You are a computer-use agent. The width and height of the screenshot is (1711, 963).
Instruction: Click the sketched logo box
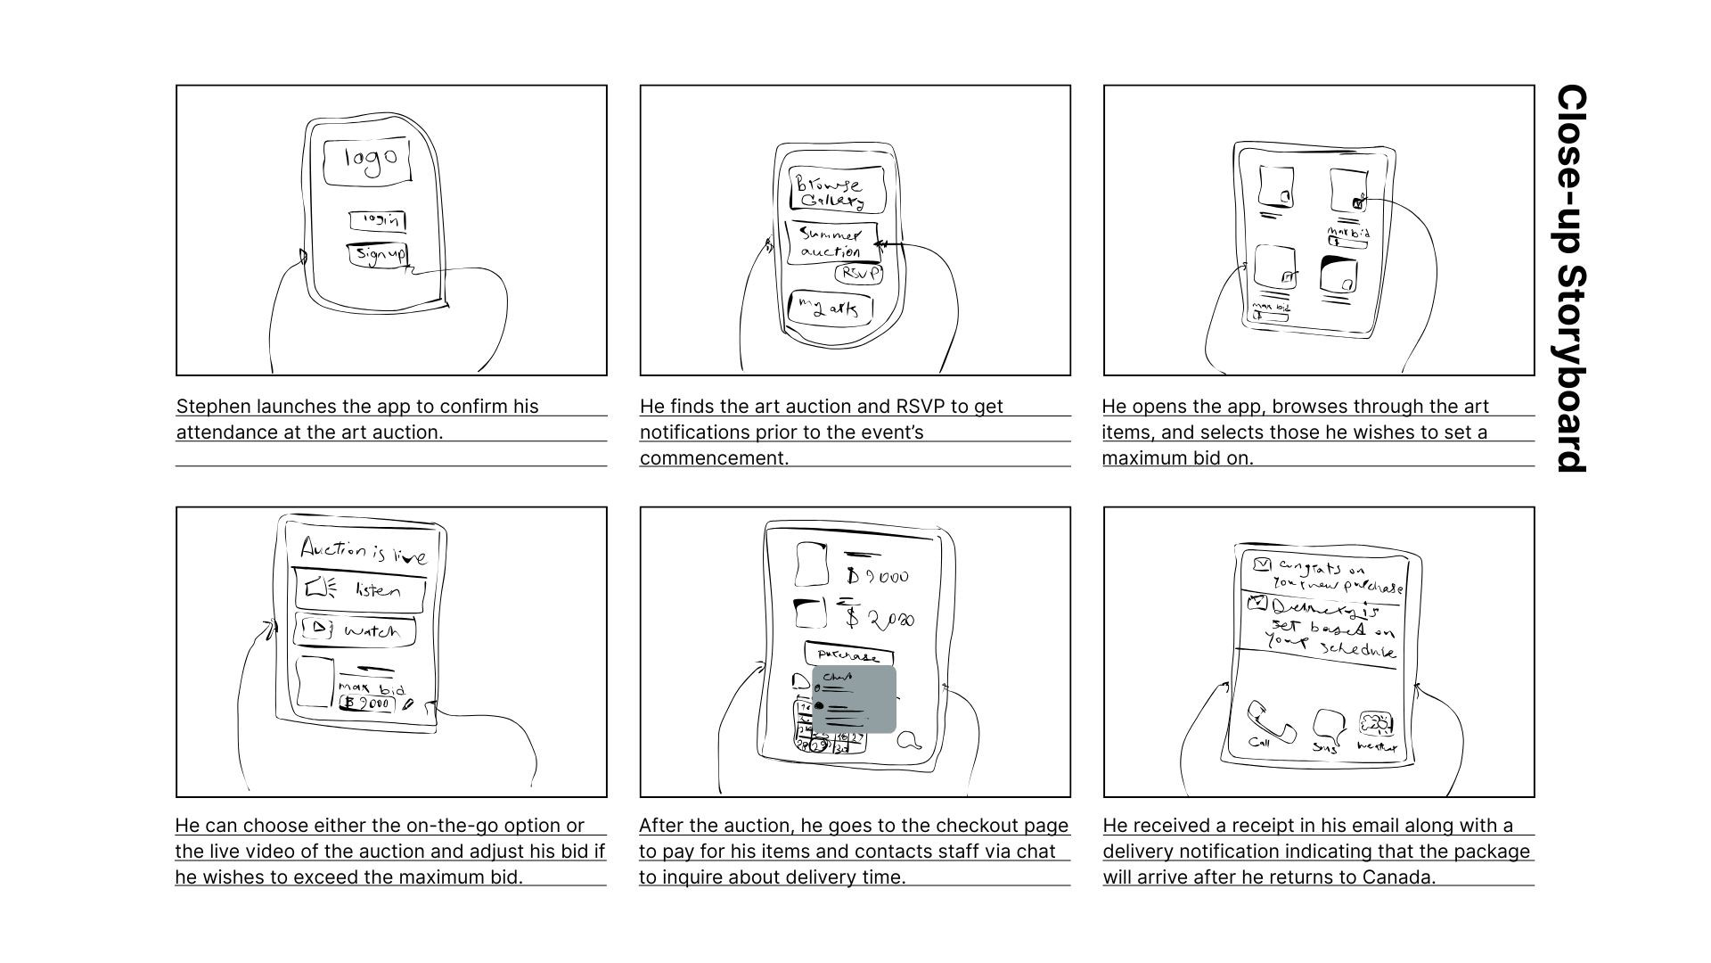367,161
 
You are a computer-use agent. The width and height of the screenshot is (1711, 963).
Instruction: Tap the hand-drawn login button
378,220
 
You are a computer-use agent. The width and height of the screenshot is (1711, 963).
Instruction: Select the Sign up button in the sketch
378,255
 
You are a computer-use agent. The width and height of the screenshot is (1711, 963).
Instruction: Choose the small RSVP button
859,274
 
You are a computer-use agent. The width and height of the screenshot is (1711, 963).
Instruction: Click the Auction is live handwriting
364,551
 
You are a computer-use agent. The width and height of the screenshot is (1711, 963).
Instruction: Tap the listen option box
360,589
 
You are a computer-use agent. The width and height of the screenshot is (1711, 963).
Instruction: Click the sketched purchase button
847,654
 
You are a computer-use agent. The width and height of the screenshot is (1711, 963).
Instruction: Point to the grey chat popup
854,700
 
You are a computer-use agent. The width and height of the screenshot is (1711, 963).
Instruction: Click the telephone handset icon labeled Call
1269,720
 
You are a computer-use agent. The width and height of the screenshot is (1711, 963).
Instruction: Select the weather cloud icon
1376,723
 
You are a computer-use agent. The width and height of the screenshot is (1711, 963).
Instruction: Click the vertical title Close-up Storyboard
1571,278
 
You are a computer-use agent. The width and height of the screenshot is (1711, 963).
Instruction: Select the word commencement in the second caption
713,458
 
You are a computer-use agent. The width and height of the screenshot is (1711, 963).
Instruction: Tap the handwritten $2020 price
880,618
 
